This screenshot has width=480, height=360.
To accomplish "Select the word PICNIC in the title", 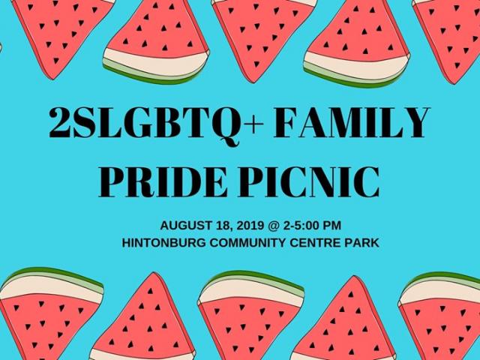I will coord(307,182).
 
